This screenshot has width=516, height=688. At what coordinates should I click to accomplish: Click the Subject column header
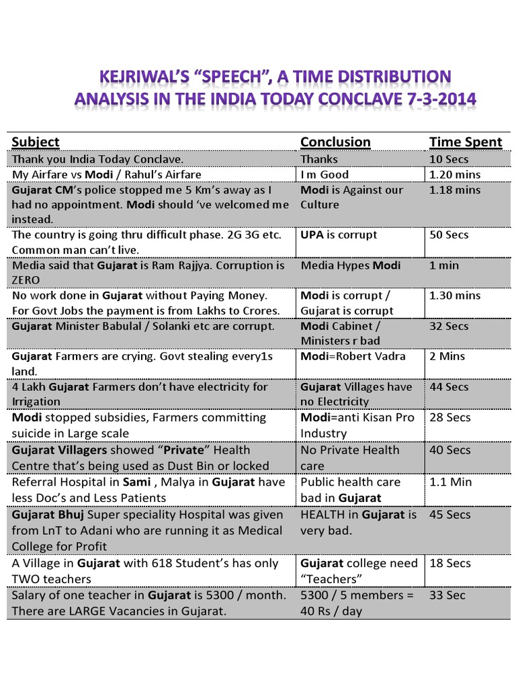click(36, 142)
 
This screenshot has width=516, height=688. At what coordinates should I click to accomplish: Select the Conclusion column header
click(335, 142)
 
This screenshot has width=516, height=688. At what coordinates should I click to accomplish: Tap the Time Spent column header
click(466, 142)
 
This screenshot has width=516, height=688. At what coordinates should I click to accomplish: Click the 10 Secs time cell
click(449, 159)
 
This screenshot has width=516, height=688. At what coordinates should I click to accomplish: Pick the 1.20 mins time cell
click(455, 175)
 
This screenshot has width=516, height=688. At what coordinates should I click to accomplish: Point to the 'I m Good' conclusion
click(325, 175)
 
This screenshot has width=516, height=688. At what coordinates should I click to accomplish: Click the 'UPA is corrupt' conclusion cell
click(339, 235)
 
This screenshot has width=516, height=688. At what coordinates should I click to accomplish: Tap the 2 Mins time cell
click(447, 356)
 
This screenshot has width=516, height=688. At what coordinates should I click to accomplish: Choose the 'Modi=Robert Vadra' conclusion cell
click(353, 356)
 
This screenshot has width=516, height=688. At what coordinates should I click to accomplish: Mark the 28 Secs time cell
click(449, 418)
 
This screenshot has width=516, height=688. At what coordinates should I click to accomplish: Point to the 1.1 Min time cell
click(450, 482)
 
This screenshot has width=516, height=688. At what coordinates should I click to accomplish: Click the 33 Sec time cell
click(447, 595)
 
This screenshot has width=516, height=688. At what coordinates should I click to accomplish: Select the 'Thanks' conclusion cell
click(319, 159)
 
